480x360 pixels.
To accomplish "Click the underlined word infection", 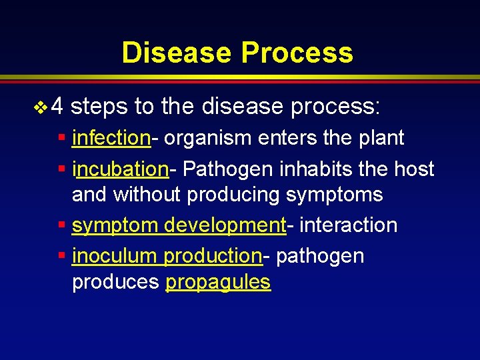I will (x=111, y=138).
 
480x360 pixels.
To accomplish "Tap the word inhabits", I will (x=313, y=169).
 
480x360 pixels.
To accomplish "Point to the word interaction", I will (x=348, y=225).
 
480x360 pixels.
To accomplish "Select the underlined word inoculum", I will (x=115, y=256).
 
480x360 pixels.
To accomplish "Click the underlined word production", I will (x=213, y=256).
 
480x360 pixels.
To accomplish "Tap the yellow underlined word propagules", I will (x=218, y=283).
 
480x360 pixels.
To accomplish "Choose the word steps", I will (x=100, y=106).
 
